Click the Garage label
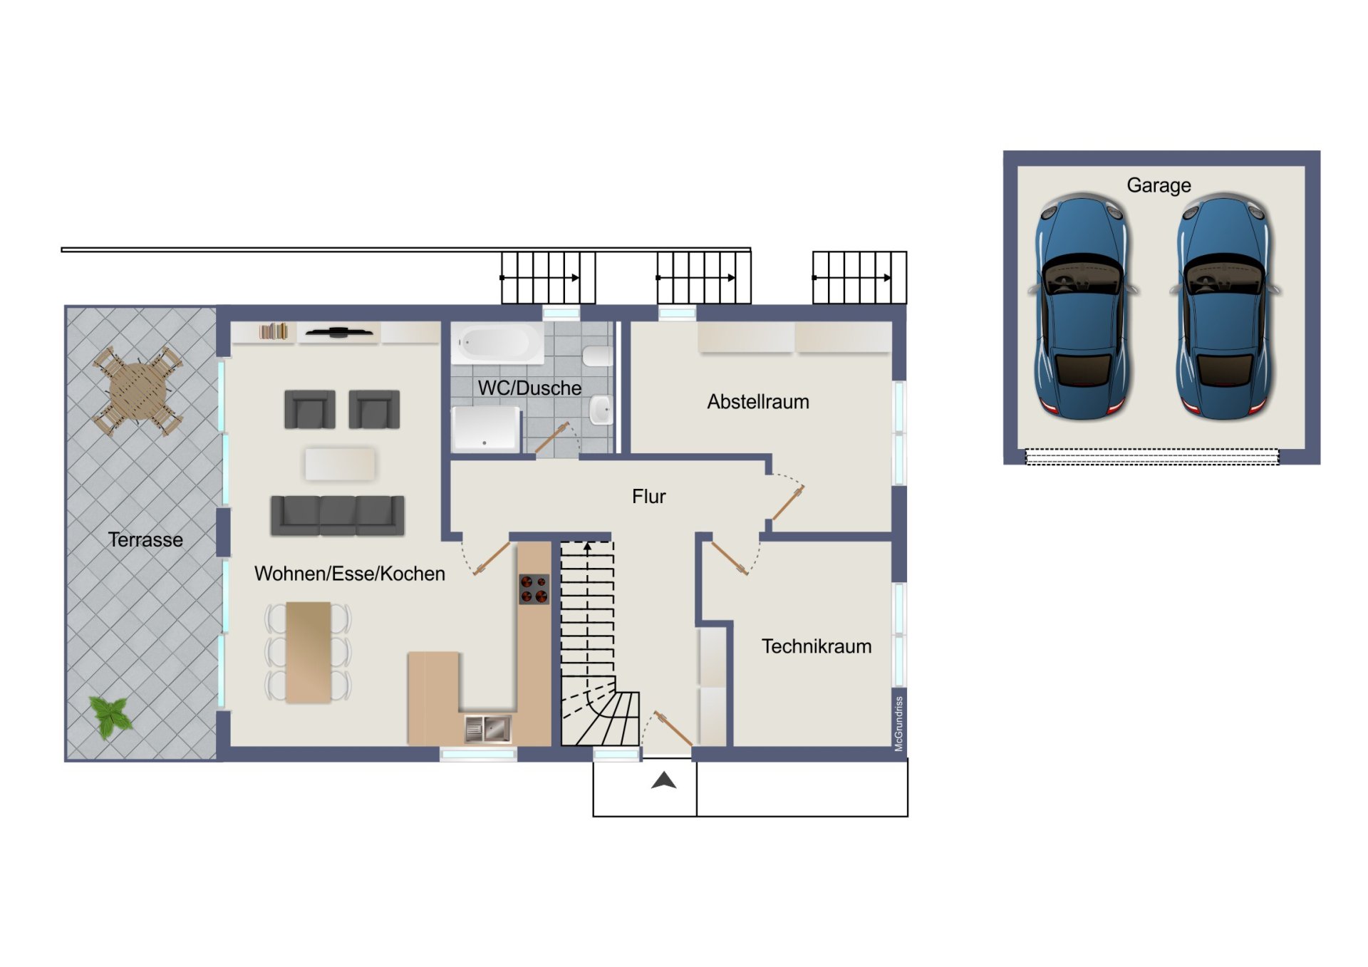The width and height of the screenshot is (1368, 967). [x=1159, y=185]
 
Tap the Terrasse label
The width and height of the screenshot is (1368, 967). [x=145, y=539]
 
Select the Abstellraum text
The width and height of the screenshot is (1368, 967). [x=758, y=402]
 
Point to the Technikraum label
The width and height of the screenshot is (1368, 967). [x=817, y=646]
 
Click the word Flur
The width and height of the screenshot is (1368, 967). [x=648, y=497]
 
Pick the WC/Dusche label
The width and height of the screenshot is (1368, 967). [x=529, y=388]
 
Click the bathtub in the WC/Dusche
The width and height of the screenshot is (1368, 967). [x=498, y=343]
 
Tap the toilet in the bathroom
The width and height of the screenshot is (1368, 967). [x=597, y=356]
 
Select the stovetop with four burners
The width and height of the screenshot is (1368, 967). [x=534, y=589]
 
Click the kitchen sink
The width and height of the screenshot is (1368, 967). [x=488, y=729]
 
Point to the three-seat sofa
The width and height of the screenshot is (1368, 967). [x=338, y=515]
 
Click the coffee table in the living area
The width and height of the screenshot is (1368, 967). [x=340, y=464]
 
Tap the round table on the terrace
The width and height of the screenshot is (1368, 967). [x=138, y=391]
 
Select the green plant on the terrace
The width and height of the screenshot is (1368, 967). [x=110, y=716]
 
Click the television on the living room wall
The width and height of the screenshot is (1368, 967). [x=339, y=332]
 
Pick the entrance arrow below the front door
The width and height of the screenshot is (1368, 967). [x=663, y=781]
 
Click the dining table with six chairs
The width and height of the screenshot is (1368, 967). [x=309, y=652]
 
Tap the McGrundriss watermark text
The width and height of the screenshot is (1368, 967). [x=899, y=723]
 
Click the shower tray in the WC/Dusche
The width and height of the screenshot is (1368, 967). [x=486, y=429]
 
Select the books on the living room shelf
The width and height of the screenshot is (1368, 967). [x=274, y=331]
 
